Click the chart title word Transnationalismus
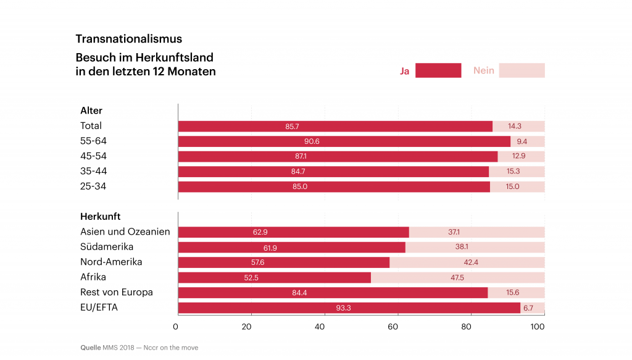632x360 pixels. click(129, 39)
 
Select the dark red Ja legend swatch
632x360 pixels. click(438, 70)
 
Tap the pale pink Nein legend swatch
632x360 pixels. click(522, 70)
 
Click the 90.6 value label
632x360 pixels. click(312, 141)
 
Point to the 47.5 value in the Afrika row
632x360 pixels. click(457, 278)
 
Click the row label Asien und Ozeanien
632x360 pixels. click(125, 232)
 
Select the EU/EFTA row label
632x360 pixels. click(99, 308)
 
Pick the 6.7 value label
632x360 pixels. click(528, 308)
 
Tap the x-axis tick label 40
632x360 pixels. click(320, 327)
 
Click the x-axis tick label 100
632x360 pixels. click(538, 327)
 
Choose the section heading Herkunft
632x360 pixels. click(101, 217)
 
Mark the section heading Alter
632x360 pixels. click(91, 111)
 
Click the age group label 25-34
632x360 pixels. click(93, 186)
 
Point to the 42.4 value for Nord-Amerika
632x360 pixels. click(471, 262)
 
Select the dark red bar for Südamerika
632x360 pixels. click(292, 248)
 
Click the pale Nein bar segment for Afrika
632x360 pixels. click(458, 278)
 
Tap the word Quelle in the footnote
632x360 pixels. click(90, 348)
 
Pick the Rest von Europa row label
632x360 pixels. click(117, 292)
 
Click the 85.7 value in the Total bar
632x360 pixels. click(292, 127)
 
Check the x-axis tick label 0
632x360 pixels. click(175, 327)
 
